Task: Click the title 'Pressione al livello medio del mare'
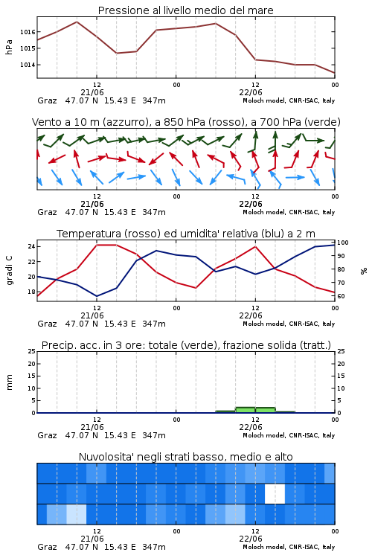coord(185,10)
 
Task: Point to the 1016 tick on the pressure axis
coord(28,32)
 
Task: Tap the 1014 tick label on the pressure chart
coord(28,65)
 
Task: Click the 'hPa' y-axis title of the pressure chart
coord(9,48)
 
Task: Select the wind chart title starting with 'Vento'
coord(186,122)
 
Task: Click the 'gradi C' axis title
coord(10,270)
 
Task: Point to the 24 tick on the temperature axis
coord(31,246)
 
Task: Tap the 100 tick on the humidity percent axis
coord(343,243)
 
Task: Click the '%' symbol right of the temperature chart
coord(364,271)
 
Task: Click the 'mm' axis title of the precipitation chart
coord(9,382)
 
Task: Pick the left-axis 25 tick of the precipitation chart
coord(32,351)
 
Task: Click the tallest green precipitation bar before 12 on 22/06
coord(246,410)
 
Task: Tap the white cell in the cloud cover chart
coord(275,493)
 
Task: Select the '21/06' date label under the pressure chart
coord(92,92)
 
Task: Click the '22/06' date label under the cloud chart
coord(251,539)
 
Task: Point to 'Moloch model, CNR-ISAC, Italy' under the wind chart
coord(289,212)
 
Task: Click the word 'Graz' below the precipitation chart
coord(47,435)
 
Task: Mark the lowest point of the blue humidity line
coord(97,296)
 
